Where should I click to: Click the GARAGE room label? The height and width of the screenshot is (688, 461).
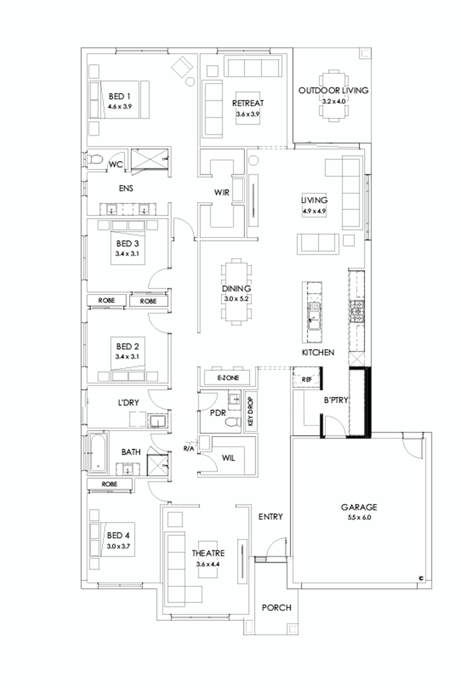tap(358, 508)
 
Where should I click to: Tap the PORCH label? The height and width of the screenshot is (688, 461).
tap(277, 608)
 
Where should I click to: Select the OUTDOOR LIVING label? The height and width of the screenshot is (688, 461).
tap(333, 91)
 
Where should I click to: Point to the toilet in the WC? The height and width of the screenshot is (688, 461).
tap(95, 160)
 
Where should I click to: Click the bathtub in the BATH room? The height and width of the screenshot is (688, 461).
tap(99, 452)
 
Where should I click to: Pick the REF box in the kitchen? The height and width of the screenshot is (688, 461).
tap(306, 380)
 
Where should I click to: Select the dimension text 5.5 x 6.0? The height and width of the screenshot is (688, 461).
tap(358, 518)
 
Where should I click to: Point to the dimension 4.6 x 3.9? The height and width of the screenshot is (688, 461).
tap(120, 105)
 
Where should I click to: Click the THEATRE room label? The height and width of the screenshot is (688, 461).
tap(209, 554)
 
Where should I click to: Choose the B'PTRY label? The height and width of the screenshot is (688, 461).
tap(335, 400)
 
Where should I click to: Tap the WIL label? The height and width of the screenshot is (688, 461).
tap(229, 456)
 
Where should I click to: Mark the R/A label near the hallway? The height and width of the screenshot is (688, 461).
tap(189, 448)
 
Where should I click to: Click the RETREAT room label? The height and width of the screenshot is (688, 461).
tap(248, 103)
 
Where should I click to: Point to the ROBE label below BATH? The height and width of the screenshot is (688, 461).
tap(110, 484)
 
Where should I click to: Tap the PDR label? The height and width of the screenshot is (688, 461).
tap(218, 413)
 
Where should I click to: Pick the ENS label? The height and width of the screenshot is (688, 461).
tap(126, 188)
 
